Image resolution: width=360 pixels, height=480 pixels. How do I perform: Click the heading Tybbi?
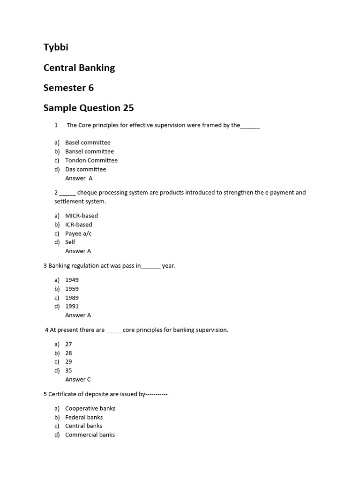56,47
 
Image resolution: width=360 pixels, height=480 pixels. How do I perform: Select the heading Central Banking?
79,67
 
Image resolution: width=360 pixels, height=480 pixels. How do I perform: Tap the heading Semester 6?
68,88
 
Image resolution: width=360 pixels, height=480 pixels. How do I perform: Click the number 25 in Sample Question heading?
128,108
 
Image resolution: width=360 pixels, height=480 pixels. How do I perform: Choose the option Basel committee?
88,142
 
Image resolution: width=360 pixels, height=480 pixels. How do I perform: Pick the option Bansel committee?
89,151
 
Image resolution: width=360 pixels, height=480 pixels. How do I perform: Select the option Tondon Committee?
91,160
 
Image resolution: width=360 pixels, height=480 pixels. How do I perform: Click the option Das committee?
85,169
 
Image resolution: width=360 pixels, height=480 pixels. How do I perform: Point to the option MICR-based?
81,216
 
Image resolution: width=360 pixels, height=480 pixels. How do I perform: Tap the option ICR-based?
78,225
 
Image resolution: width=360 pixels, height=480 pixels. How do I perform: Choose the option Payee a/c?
78,233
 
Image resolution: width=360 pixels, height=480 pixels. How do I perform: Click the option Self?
70,242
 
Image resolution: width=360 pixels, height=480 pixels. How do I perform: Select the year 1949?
72,280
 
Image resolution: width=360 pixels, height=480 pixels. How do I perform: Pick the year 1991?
72,306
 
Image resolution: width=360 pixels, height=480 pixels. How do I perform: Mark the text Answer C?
78,379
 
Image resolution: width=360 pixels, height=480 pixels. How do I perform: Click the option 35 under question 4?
68,370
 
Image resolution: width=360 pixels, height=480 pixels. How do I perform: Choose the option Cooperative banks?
90,408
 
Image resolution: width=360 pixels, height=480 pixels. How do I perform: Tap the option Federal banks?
84,417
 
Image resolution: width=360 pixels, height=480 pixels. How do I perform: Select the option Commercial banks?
90,435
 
